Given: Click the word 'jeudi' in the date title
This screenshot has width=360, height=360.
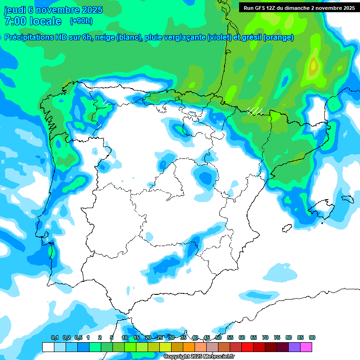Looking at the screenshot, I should click(16, 10).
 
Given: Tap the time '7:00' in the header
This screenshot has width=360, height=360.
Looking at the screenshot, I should click(15, 21).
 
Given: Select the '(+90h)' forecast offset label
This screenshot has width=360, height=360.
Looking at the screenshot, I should click(81, 21).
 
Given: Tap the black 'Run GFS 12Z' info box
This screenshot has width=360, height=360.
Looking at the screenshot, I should click(299, 7).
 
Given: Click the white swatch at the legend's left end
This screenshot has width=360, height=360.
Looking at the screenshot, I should click(48, 347).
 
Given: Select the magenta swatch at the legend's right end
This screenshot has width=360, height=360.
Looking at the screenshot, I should click(307, 347).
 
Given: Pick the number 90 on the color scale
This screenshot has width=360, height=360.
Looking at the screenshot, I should click(312, 337).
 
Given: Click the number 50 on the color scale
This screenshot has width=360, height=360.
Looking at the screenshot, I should click(218, 337).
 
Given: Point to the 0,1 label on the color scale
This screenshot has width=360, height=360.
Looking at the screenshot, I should click(55, 337).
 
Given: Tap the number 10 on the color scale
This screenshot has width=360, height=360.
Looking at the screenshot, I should click(125, 337).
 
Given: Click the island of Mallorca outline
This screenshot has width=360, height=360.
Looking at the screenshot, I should click(322, 207).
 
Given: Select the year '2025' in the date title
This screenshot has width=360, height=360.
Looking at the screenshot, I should click(91, 10).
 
